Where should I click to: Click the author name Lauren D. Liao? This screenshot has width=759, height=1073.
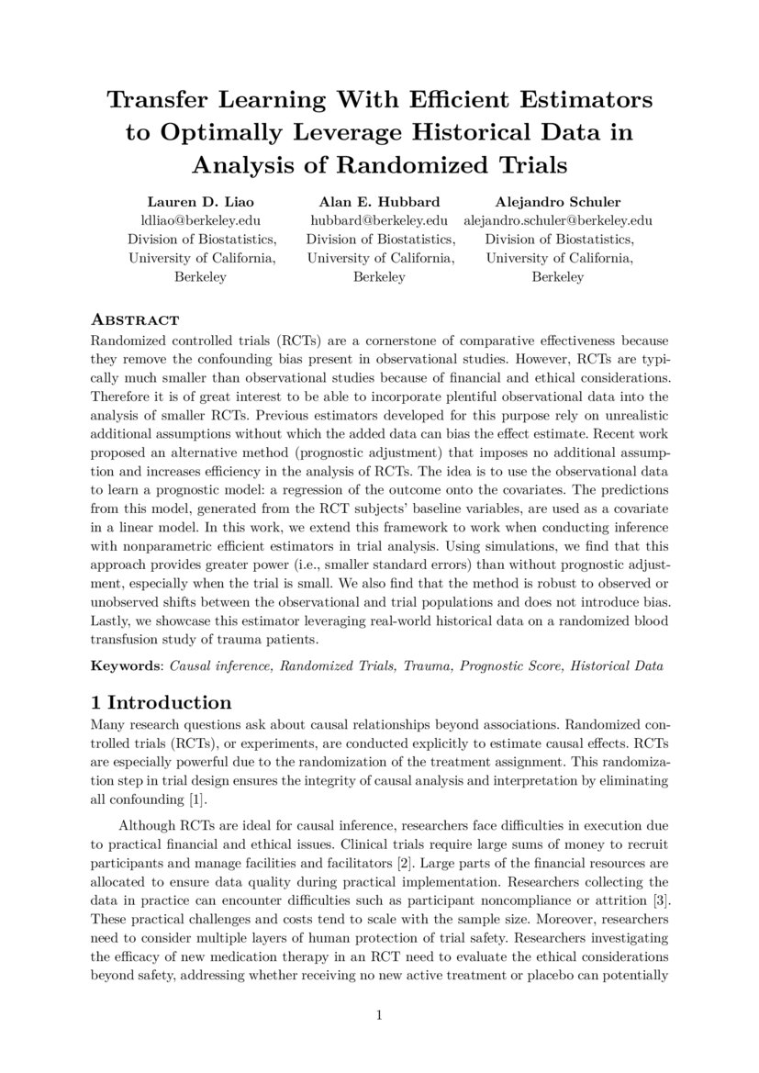201,200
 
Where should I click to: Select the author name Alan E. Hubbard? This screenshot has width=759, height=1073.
379,200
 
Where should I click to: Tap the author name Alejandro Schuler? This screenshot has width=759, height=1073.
557,200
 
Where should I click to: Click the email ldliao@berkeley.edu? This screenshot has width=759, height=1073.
201,219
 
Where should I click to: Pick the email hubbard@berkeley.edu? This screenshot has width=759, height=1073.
379,219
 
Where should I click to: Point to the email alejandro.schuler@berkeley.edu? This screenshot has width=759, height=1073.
558,219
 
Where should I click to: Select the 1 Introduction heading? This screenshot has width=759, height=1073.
161,703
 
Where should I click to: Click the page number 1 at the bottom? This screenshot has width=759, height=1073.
379,1015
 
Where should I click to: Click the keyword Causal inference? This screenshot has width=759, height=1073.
219,665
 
